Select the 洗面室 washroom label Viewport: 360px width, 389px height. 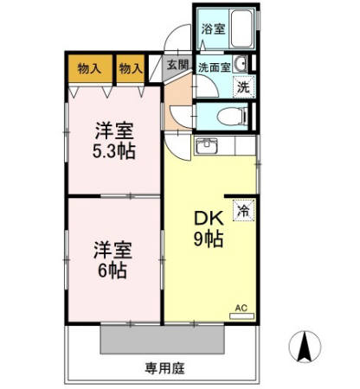point(212,65)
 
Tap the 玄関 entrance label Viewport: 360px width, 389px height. point(177,65)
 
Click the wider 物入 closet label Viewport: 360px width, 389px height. point(89,67)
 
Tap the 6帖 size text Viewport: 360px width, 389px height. point(112,271)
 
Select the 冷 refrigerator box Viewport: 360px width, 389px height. point(245,209)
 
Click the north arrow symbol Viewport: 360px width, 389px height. point(305,348)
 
